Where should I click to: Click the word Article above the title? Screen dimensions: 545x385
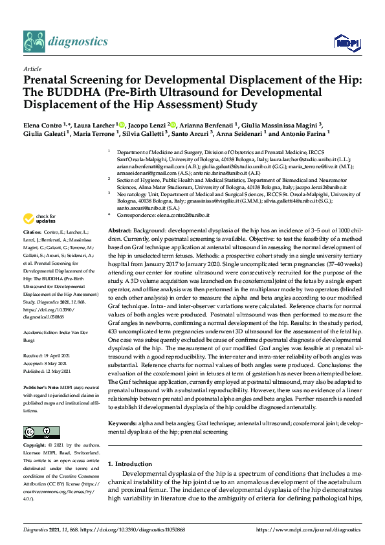tap(32, 68)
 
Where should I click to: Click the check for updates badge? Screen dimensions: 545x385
tap(40, 217)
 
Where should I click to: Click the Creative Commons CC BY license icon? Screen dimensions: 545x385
tap(41, 432)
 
